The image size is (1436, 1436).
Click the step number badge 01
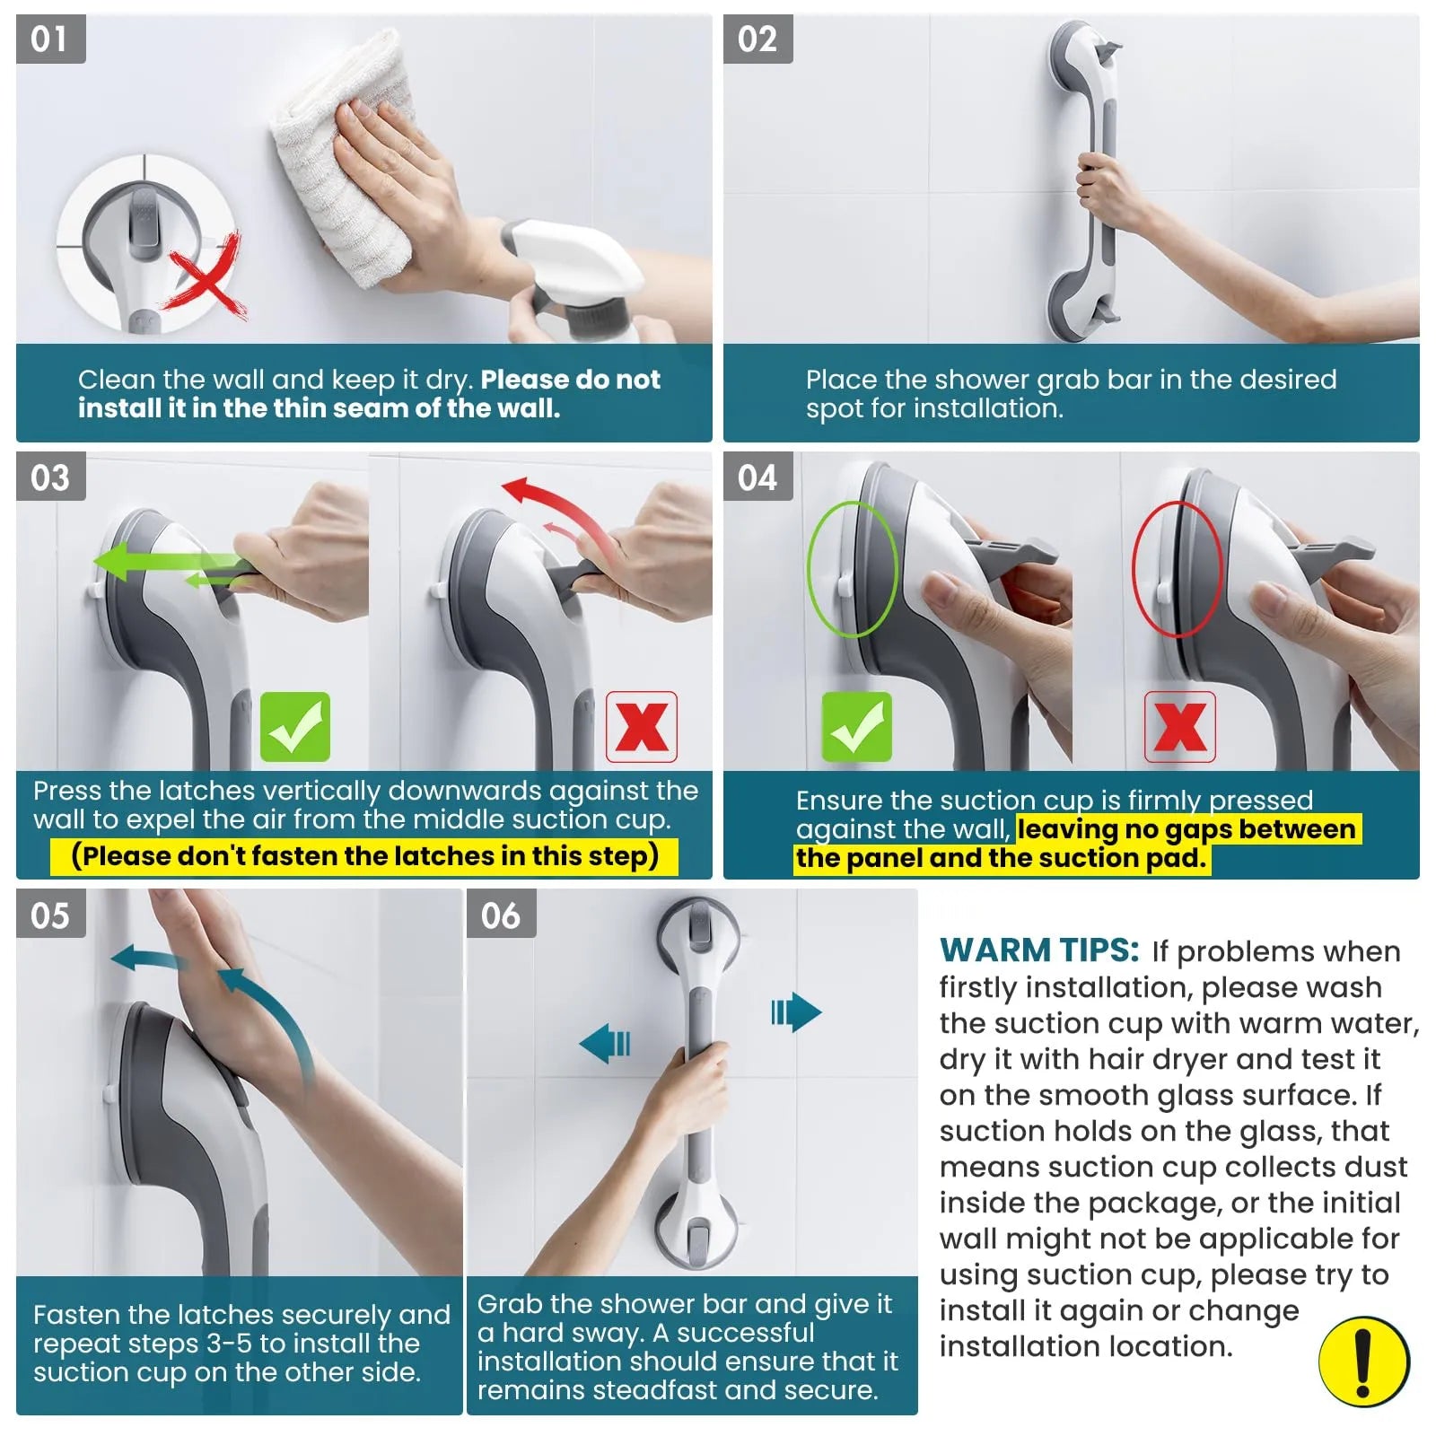coord(50,39)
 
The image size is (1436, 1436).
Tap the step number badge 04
coord(757,477)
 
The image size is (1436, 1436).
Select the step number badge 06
coord(501,915)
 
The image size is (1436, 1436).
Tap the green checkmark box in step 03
coord(294,726)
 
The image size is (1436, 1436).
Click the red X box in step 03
coord(641,726)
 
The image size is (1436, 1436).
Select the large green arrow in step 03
coord(153,563)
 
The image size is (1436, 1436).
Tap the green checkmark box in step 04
coord(856,726)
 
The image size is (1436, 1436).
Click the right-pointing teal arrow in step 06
coord(796,1012)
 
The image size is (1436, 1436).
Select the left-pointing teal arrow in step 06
coord(605,1044)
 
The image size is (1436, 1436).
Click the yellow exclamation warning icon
coord(1363,1361)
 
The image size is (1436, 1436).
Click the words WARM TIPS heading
coord(1038,950)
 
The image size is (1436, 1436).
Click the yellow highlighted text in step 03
coord(364,855)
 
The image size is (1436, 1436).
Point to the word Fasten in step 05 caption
coord(76,1315)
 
